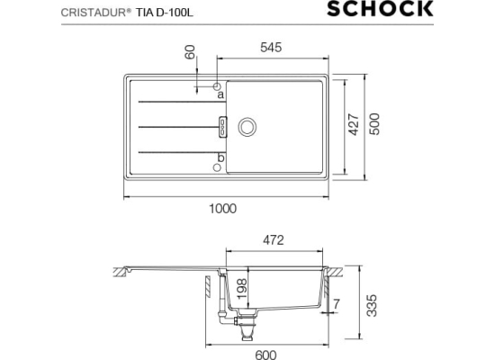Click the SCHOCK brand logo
(380, 9)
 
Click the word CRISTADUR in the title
(94, 13)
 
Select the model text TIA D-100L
(165, 13)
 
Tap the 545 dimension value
(271, 48)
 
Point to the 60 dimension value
(190, 52)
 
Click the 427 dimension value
(354, 125)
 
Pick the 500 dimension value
(374, 124)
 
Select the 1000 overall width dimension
(223, 209)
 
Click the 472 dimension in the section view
(274, 240)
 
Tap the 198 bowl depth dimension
(242, 289)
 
